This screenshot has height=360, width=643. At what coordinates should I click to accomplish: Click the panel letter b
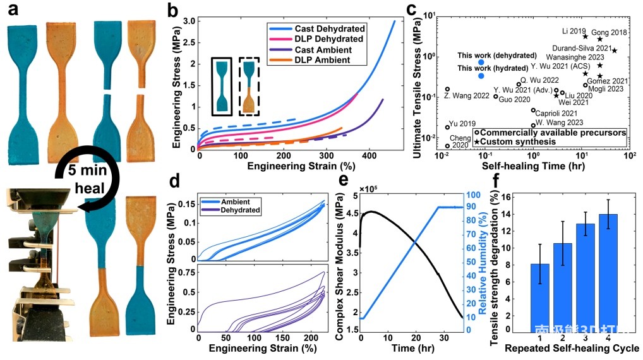(x=171, y=10)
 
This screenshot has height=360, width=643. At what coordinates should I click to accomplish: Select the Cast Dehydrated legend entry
(x=330, y=29)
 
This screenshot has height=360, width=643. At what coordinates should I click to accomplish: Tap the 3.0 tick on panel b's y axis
(x=189, y=21)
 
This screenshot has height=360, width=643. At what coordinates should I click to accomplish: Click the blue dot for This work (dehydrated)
(x=481, y=62)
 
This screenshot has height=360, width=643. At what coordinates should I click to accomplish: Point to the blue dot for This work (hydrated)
(x=481, y=76)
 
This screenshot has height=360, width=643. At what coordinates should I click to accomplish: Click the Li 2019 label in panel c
(x=572, y=30)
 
